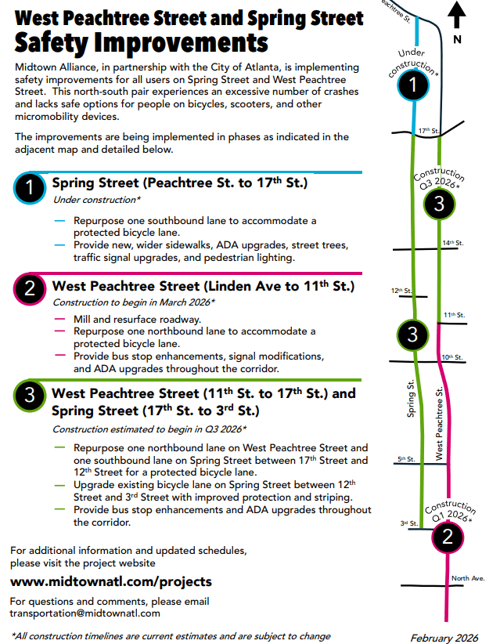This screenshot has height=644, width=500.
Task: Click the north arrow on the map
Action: [x=459, y=16]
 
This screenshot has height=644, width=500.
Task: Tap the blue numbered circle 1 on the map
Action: [x=412, y=85]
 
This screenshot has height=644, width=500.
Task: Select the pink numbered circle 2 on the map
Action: [x=447, y=537]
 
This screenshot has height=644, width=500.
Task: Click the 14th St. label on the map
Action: [x=452, y=243]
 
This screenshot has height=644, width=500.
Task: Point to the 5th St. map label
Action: [x=405, y=459]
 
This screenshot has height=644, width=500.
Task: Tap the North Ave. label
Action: [x=468, y=578]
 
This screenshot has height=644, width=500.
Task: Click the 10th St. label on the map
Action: [x=452, y=356]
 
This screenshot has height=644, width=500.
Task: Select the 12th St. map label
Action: [x=401, y=291]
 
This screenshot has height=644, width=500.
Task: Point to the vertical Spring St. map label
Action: [x=410, y=400]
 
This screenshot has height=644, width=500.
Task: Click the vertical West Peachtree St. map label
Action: [x=440, y=423]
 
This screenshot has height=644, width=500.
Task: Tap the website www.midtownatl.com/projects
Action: [x=110, y=581]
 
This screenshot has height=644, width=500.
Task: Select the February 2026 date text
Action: [x=444, y=637]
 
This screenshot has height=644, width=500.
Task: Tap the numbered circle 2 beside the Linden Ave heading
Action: [x=30, y=289]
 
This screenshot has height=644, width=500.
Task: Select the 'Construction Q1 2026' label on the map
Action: [x=451, y=512]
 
